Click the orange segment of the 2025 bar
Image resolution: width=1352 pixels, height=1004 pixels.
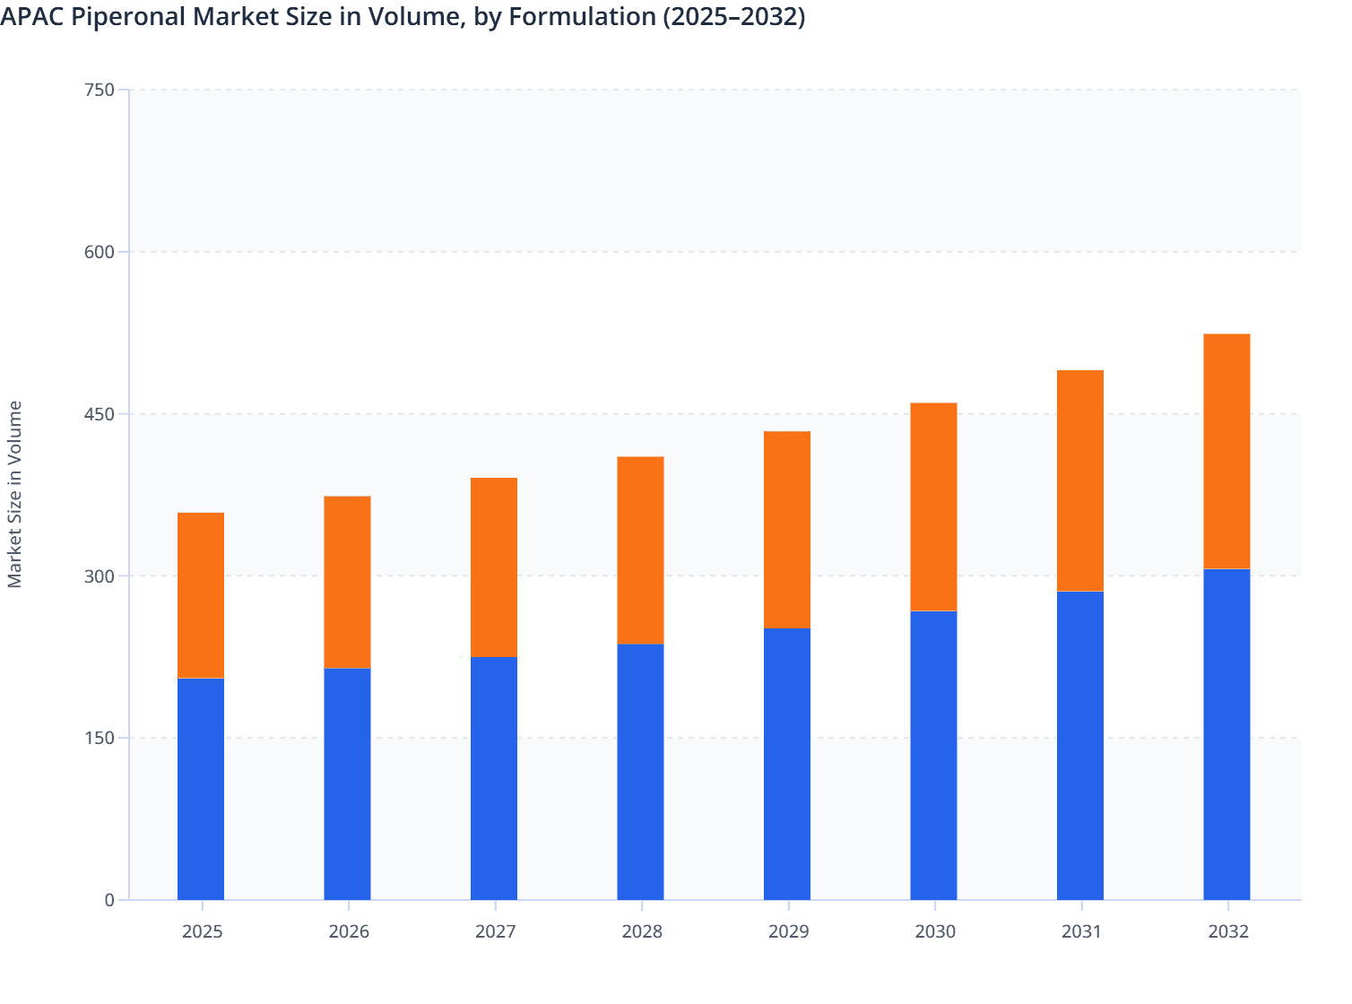201,595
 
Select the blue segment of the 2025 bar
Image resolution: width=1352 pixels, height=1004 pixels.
201,789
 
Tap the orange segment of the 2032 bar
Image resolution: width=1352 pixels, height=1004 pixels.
1226,451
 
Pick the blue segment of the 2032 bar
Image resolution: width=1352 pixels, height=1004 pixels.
1226,734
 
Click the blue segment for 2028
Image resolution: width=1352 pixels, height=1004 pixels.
640,772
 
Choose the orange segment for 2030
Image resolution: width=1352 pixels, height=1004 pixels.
933,506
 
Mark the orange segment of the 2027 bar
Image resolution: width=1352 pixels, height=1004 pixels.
494,567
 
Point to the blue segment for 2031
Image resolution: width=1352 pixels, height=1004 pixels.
1079,745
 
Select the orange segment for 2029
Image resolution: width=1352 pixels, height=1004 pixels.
787,530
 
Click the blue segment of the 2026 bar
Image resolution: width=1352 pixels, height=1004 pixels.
347,783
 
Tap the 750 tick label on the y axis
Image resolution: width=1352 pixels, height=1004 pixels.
99,90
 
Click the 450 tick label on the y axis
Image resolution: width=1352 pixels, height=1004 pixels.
99,414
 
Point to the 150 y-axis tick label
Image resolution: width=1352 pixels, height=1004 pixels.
99,738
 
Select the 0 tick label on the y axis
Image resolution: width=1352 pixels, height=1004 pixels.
109,900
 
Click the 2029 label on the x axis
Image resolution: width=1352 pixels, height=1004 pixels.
788,931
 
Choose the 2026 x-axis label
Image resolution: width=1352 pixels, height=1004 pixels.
349,931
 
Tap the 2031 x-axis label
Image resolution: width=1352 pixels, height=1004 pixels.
1081,931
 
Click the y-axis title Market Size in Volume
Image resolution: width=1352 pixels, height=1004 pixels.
14,494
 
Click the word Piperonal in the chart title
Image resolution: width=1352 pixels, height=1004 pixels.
129,16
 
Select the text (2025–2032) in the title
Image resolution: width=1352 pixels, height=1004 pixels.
733,16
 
